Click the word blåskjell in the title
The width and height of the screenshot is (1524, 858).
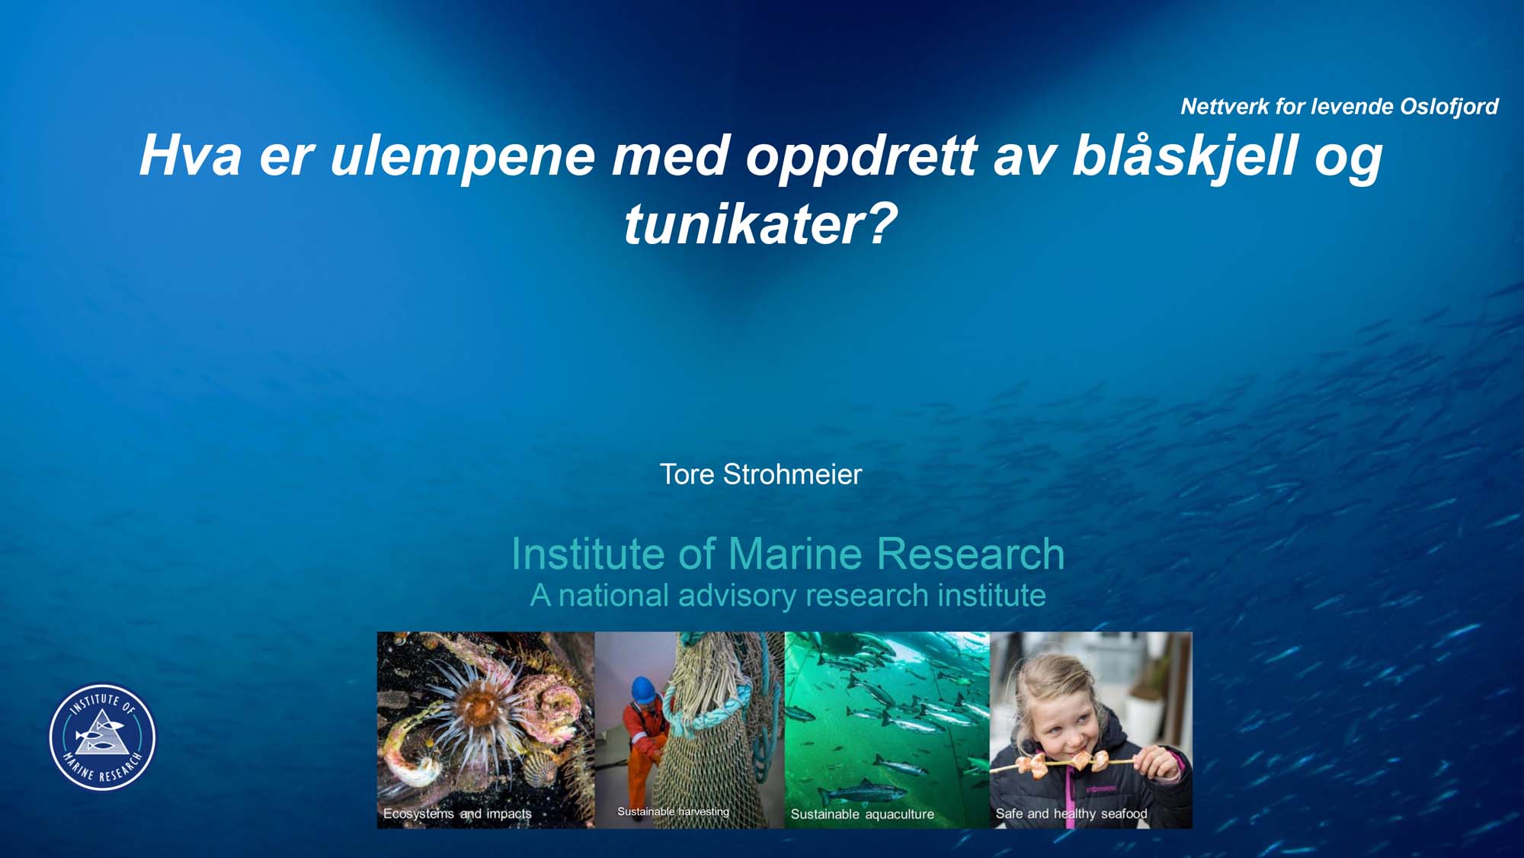pyautogui.click(x=1186, y=156)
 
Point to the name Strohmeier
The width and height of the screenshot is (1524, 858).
pyautogui.click(x=792, y=474)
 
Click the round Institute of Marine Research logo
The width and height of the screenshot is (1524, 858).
pyautogui.click(x=103, y=737)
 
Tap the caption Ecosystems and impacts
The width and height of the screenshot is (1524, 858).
pyautogui.click(x=457, y=814)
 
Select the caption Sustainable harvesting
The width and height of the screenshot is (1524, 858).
pyautogui.click(x=673, y=811)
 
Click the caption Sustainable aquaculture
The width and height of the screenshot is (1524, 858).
pyautogui.click(x=862, y=815)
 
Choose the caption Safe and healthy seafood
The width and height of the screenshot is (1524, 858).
pyautogui.click(x=1071, y=814)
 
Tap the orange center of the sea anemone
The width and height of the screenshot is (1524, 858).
pyautogui.click(x=479, y=705)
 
